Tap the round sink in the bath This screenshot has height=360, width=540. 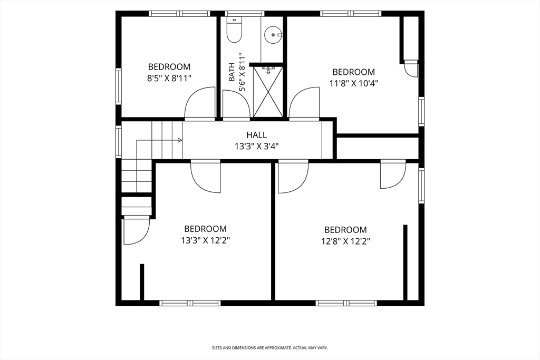tap(273, 35)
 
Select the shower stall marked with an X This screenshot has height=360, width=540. tap(268, 92)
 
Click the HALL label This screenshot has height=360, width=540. tap(257, 135)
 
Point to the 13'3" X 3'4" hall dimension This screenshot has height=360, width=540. tap(257, 147)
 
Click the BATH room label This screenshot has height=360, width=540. tap(232, 72)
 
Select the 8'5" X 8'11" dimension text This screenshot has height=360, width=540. tap(169, 78)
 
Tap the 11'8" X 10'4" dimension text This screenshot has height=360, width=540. tap(354, 83)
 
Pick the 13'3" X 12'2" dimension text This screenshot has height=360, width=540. tap(206, 240)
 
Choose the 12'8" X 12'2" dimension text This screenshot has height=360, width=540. tap(346, 241)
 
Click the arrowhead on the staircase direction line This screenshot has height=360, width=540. tap(180, 140)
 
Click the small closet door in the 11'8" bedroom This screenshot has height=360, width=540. tap(411, 69)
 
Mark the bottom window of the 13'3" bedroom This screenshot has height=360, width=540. tap(190, 303)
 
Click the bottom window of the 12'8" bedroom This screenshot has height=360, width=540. tap(346, 303)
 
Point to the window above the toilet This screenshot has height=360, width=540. tap(245, 13)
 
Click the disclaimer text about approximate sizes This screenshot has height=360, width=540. tap(269, 348)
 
